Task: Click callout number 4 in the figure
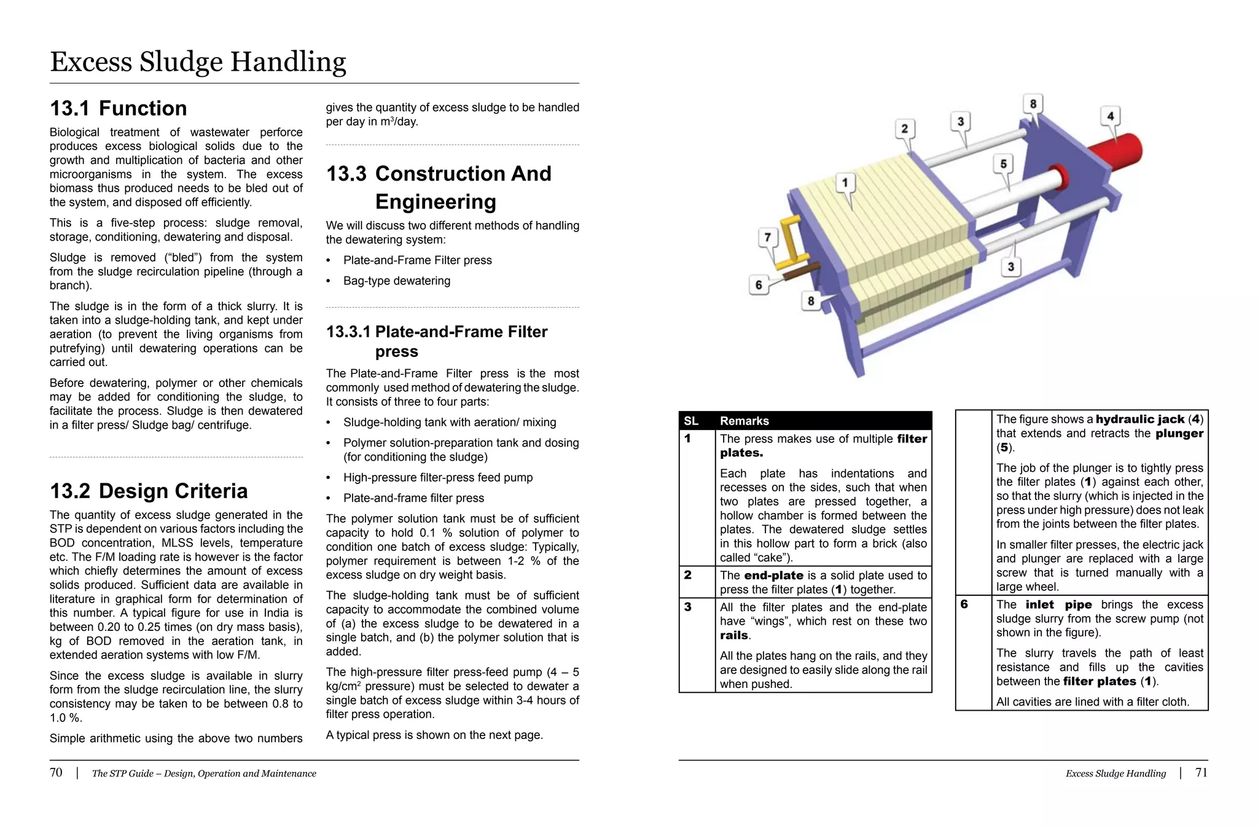(x=1110, y=116)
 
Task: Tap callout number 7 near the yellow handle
(x=767, y=238)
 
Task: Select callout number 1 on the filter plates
(x=845, y=182)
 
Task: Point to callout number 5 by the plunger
(x=1003, y=164)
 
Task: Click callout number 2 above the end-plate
(x=904, y=129)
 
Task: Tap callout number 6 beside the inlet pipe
(x=759, y=285)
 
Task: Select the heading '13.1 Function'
(x=118, y=109)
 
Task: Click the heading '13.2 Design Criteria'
(x=149, y=491)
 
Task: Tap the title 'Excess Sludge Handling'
(x=198, y=62)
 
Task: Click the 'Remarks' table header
(x=744, y=421)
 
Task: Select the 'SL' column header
(x=691, y=421)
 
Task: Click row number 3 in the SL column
(x=688, y=607)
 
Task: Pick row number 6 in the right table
(x=964, y=604)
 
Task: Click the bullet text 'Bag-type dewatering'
(x=397, y=281)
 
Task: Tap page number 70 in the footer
(x=56, y=773)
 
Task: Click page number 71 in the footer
(x=1201, y=773)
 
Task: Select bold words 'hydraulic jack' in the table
(x=1139, y=420)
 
